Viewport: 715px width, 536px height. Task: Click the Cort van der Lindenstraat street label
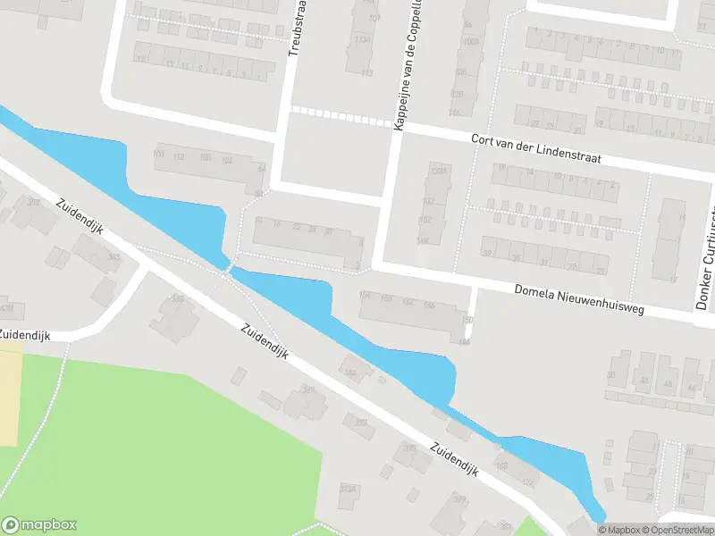point(536,148)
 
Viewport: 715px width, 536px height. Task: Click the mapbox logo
point(38,525)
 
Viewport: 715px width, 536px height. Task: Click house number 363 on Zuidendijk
point(114,257)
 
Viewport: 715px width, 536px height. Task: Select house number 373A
point(349,489)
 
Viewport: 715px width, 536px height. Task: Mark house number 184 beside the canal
point(350,373)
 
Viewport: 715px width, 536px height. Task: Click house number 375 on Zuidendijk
point(410,449)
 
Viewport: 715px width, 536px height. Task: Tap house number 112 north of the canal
point(180,158)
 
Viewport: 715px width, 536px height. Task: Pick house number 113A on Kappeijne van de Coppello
point(362,40)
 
